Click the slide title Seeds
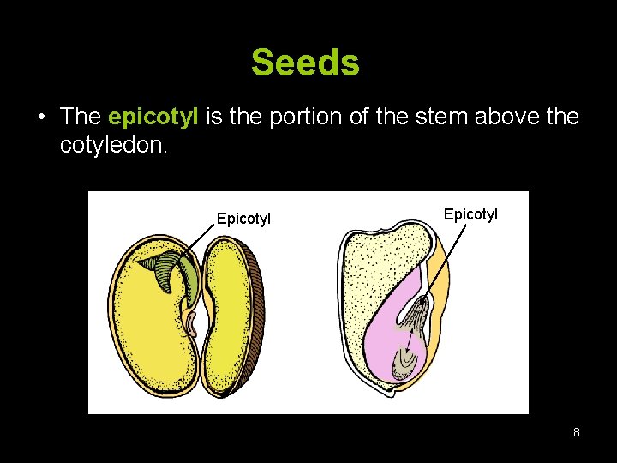(x=305, y=63)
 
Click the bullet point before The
(x=42, y=117)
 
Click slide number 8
(x=576, y=432)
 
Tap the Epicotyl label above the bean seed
(x=243, y=219)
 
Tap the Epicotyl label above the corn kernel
(x=470, y=213)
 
